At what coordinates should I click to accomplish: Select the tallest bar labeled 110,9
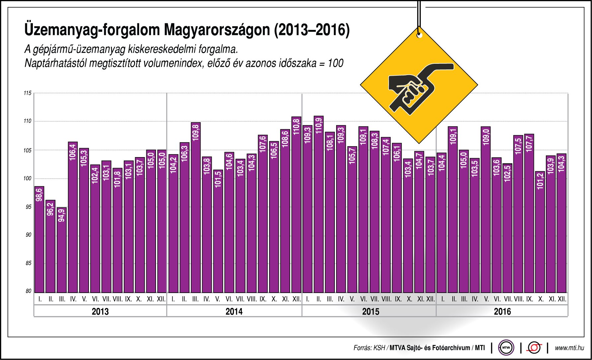tap(319, 204)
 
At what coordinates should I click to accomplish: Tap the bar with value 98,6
tap(39, 239)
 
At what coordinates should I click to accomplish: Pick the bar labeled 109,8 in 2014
tap(196, 208)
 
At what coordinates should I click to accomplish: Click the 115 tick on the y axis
tap(28, 93)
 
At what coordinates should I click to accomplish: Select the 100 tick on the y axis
tap(28, 178)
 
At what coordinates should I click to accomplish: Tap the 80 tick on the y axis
tap(29, 291)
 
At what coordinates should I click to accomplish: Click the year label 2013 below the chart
tap(100, 312)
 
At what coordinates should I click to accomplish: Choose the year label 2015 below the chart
tap(370, 312)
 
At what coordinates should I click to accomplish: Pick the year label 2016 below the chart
tap(502, 312)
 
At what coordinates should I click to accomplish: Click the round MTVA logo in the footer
tap(506, 348)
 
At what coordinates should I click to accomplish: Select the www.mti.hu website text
tap(569, 348)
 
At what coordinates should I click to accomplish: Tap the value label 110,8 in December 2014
tap(296, 126)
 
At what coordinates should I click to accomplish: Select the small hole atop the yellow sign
tap(419, 35)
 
